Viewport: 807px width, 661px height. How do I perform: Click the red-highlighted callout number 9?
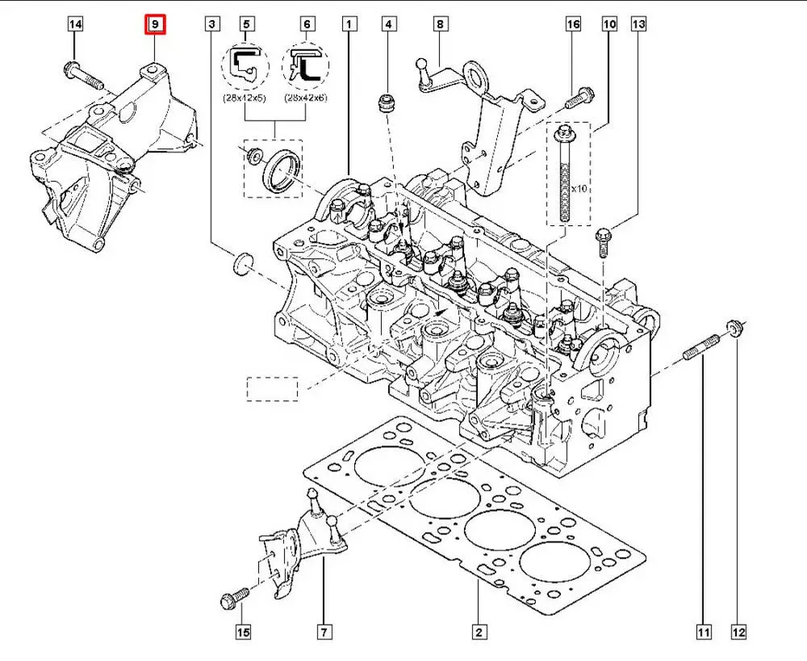click(155, 25)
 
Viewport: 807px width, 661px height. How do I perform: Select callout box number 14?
click(74, 25)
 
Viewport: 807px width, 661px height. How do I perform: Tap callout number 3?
click(211, 25)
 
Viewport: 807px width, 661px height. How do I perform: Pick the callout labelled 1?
click(349, 25)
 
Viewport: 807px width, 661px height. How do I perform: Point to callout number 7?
click(323, 632)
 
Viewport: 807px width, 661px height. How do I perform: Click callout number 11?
click(704, 632)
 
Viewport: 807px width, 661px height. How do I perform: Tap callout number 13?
click(638, 25)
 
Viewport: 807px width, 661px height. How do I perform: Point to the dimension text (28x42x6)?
click(307, 98)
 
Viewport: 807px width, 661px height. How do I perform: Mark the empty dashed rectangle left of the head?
click(272, 388)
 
